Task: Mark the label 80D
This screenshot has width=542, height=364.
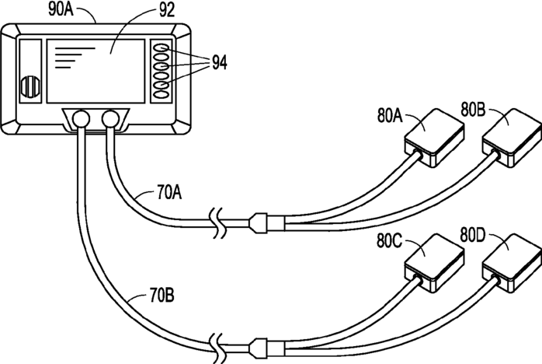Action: point(473,233)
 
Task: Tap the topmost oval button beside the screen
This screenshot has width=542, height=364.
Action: point(162,47)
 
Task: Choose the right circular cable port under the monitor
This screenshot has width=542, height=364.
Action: point(111,119)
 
